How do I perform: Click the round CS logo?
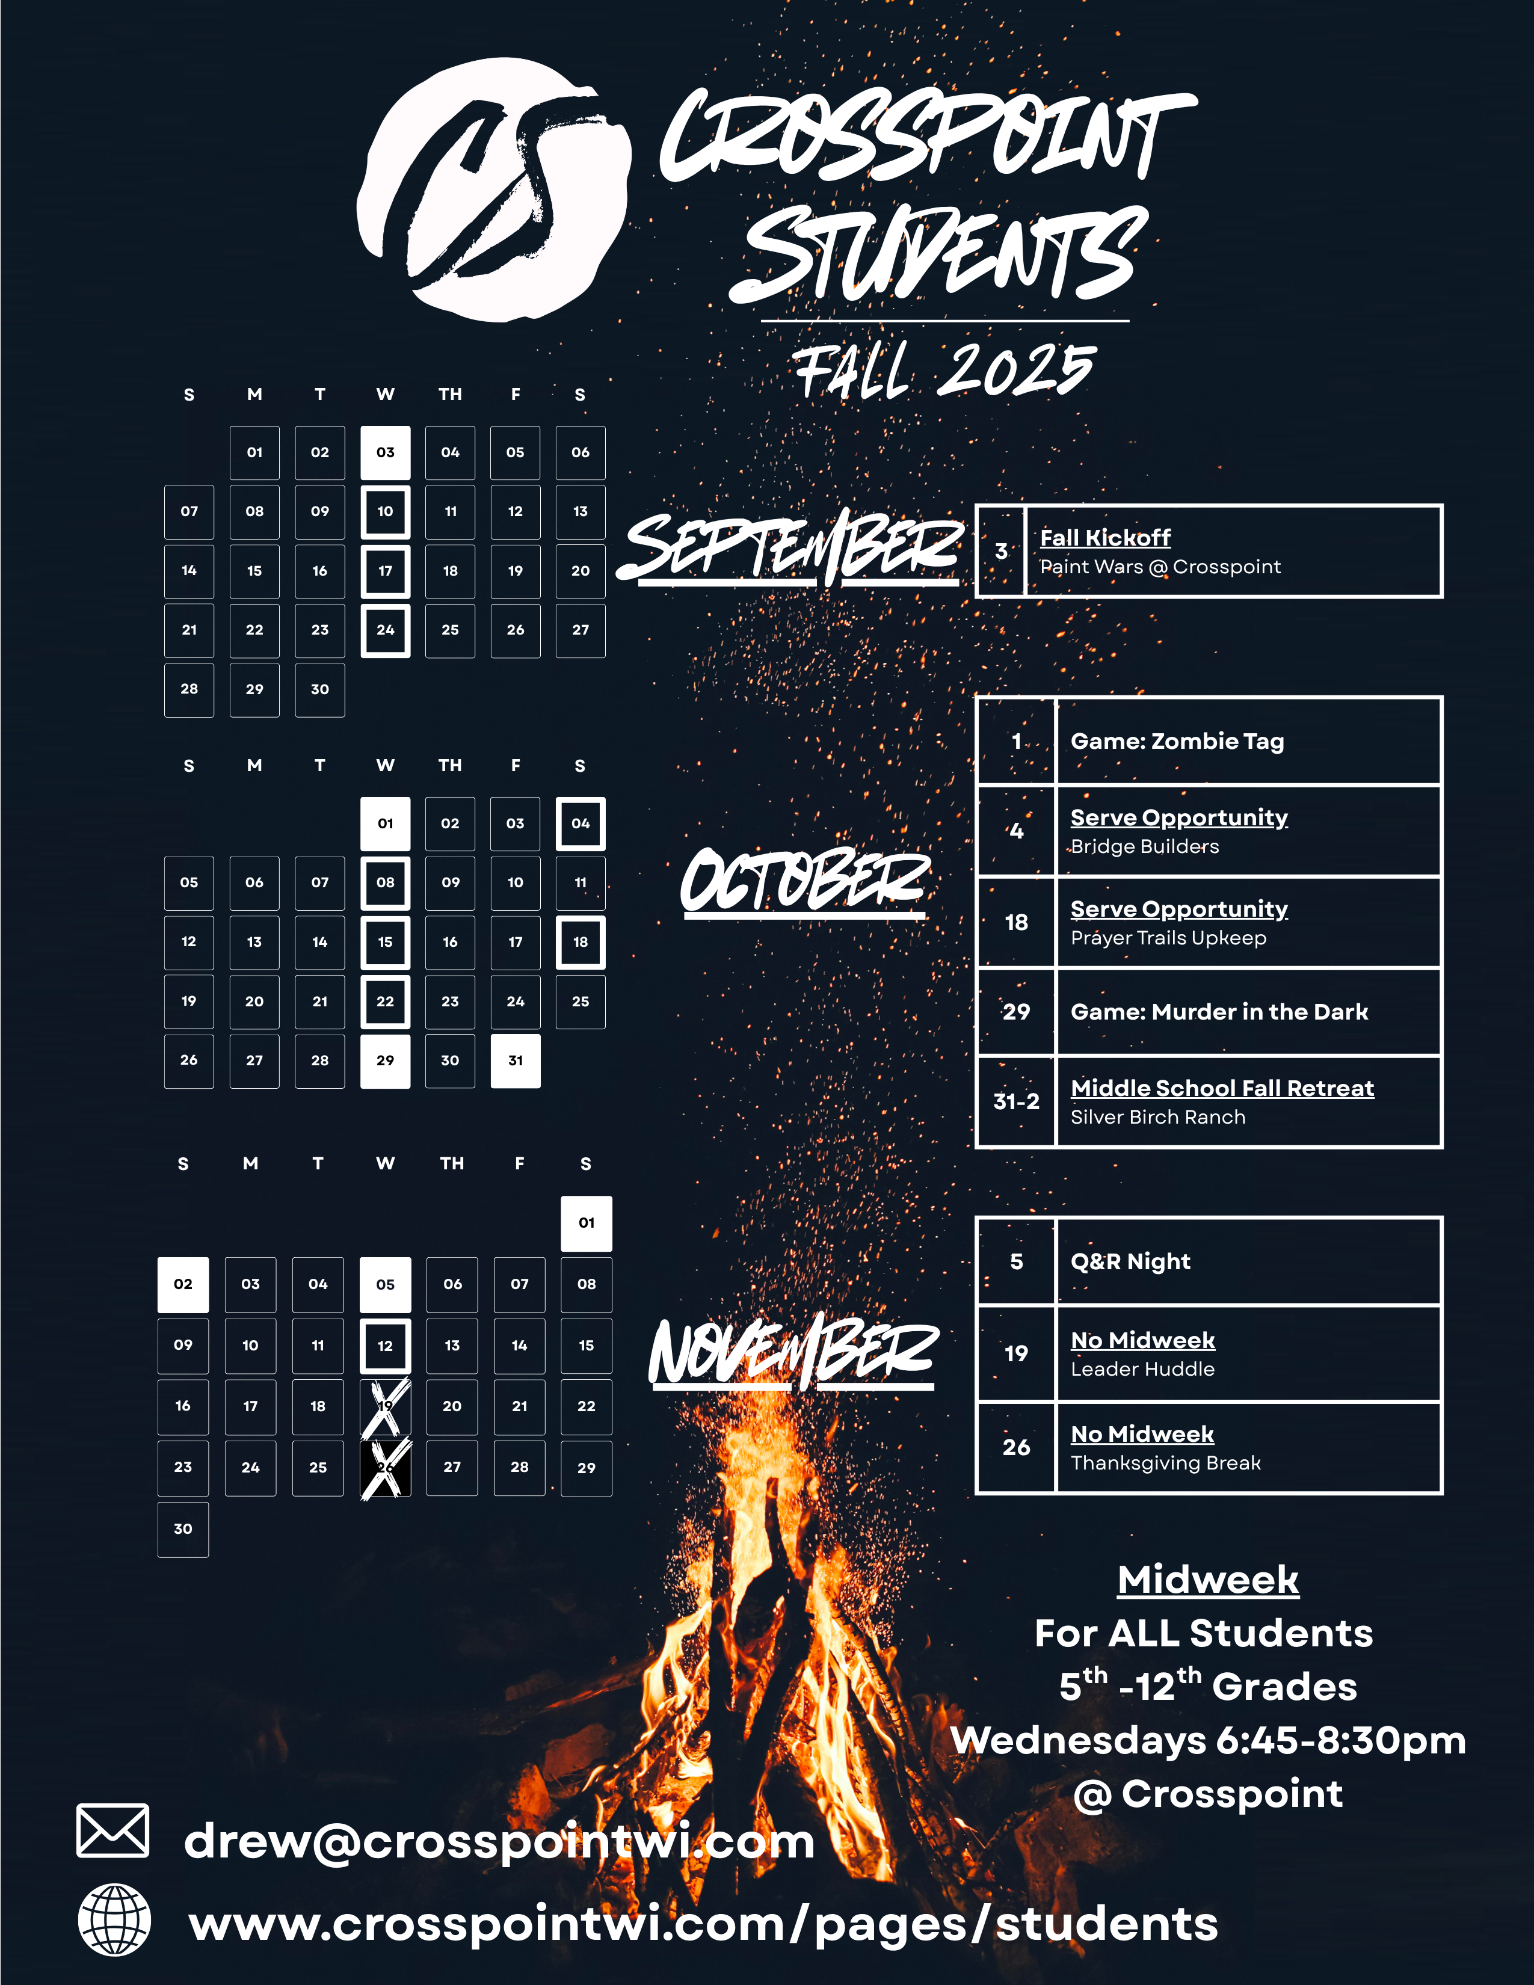493,189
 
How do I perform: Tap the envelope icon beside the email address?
112,1830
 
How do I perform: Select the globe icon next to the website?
114,1919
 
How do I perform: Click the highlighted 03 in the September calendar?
386,452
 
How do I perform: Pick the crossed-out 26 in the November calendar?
386,1468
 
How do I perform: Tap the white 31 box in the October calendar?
516,1060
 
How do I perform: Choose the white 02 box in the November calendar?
183,1284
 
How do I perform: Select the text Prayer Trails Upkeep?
1168,938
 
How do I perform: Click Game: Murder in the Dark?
1219,1012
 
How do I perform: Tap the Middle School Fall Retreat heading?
1221,1089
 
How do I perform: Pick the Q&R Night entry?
1130,1261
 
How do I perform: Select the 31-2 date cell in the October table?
1016,1101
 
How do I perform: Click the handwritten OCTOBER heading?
805,882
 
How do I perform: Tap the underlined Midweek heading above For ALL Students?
1208,1580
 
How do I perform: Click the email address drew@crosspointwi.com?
499,1841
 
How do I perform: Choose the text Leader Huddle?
1142,1370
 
